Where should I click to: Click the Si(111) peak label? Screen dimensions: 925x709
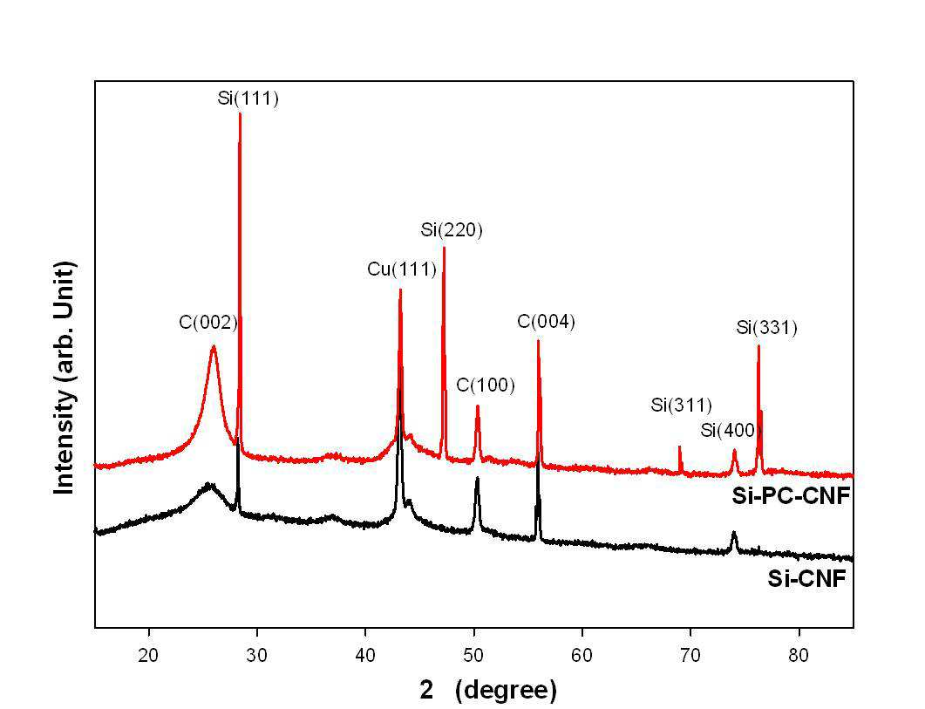pos(248,98)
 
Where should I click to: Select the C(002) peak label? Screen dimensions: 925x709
pos(208,322)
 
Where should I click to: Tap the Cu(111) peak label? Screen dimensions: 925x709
pos(402,269)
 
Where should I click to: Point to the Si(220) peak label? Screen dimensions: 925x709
pos(452,229)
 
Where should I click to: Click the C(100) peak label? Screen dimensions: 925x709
pos(486,385)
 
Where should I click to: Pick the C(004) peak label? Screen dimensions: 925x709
pos(547,322)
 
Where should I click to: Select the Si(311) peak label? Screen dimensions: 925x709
pos(682,405)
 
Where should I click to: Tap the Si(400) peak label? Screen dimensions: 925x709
pos(728,430)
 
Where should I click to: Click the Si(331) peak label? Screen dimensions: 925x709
pos(767,328)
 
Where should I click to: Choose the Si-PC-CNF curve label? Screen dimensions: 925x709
pos(791,496)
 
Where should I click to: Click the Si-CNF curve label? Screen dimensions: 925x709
pos(806,579)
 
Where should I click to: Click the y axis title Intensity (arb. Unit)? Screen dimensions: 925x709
pos(65,378)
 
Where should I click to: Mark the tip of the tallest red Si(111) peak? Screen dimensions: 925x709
pos(240,112)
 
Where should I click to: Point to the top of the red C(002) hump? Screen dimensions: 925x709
pos(213,346)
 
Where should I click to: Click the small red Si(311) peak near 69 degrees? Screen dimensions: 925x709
pos(680,447)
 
